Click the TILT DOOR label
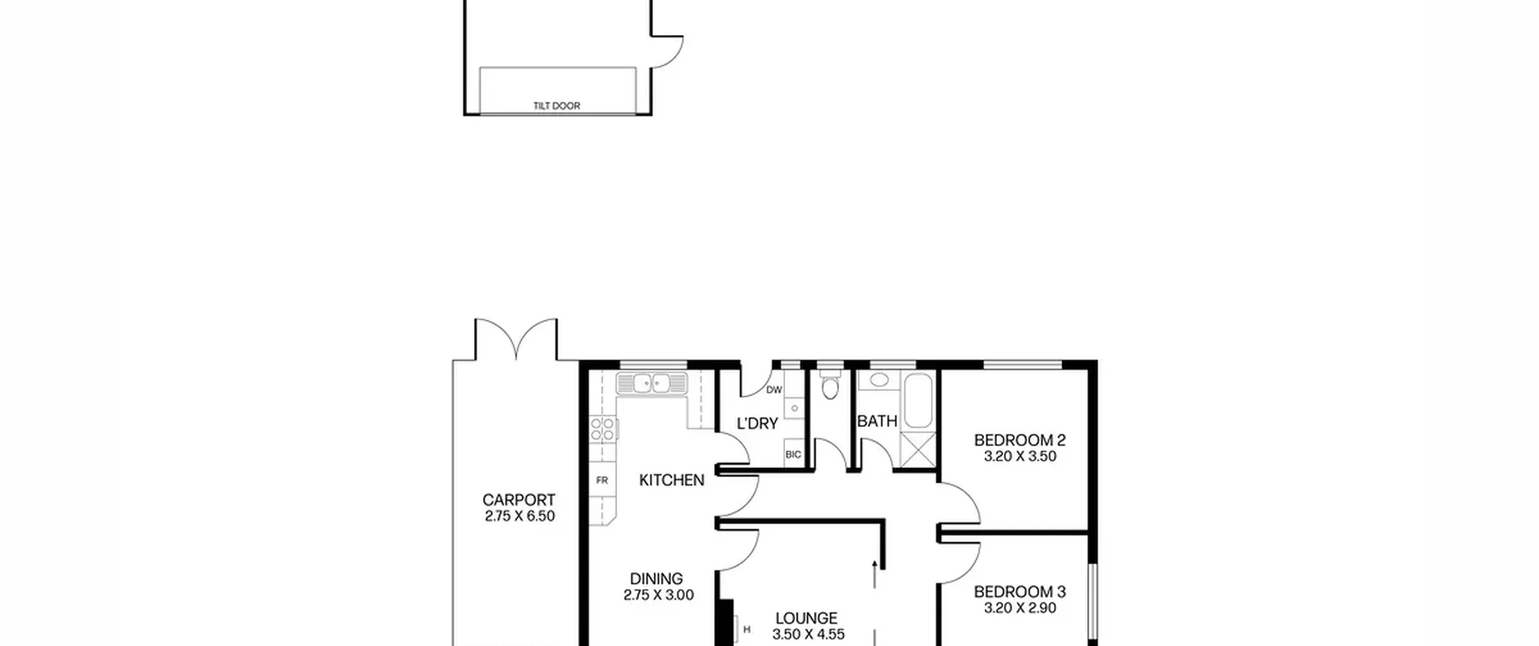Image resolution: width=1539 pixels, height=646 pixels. pos(557,106)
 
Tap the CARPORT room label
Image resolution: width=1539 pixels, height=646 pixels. pos(519,500)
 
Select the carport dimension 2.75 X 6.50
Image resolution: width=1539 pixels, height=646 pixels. pos(520,516)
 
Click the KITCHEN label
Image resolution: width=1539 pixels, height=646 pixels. pos(672,480)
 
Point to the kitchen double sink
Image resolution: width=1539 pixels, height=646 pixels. pos(652,383)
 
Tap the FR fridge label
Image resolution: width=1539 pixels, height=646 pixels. pos(602,481)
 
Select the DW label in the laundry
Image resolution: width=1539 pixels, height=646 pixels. pos(774,390)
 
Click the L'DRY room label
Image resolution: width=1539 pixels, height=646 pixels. pos(757,424)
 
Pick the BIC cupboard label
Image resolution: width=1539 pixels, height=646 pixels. pos(793,455)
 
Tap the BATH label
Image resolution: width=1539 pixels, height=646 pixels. pos(877,421)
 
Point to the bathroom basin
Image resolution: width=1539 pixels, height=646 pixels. pos(880,380)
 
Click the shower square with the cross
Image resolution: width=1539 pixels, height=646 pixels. pos(918,449)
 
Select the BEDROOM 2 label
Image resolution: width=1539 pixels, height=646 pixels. pos(1020,440)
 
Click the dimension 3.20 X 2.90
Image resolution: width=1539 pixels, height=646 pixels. pos(1020,608)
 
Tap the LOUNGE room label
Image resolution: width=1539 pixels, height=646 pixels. pos(806,618)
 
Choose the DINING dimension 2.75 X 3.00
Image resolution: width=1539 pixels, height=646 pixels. pos(659,595)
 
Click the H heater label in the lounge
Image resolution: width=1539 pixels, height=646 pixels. pos(747,630)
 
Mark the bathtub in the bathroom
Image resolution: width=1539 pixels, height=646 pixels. pos(918,400)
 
